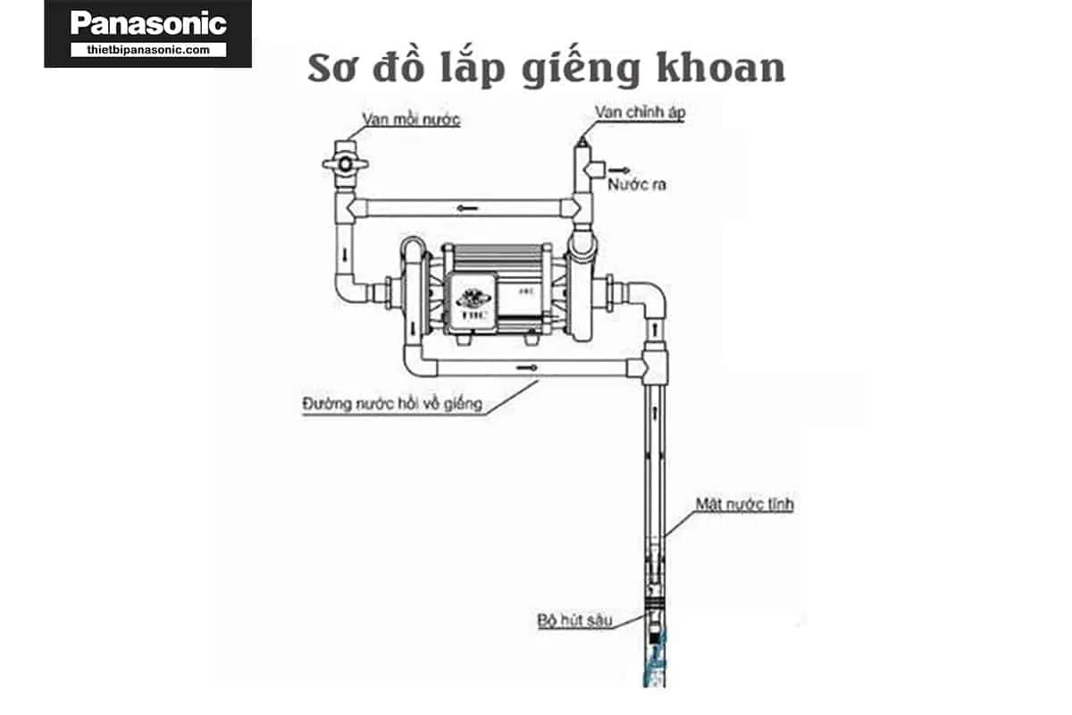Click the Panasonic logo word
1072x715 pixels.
pyautogui.click(x=147, y=23)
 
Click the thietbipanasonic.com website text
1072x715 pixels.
pyautogui.click(x=147, y=50)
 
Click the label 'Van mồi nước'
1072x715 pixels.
pyautogui.click(x=411, y=120)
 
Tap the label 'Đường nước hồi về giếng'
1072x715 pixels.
pyautogui.click(x=391, y=403)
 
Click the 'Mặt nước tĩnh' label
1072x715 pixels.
pyautogui.click(x=744, y=505)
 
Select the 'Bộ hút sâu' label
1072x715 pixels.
pyautogui.click(x=574, y=618)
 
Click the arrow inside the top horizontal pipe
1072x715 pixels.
pyautogui.click(x=462, y=208)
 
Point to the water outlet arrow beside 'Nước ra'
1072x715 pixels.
pyautogui.click(x=616, y=168)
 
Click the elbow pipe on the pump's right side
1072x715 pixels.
pyautogui.click(x=649, y=299)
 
